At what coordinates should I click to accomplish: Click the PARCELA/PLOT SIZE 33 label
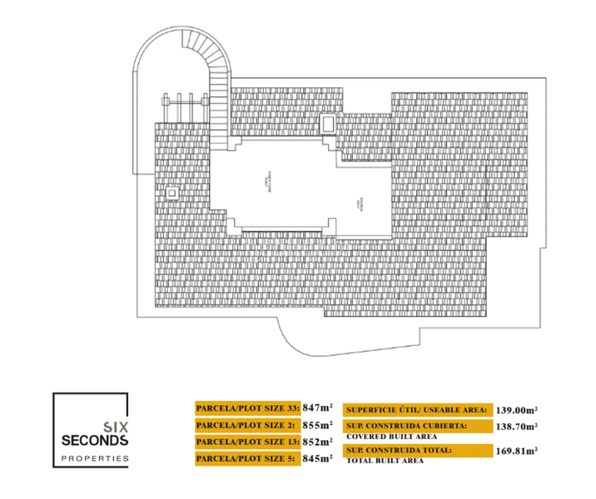[x=248, y=408]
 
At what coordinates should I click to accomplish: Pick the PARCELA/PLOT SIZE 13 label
[x=247, y=442]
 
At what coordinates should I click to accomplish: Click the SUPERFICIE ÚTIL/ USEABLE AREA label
[x=416, y=409]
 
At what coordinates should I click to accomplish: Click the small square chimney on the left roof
[x=171, y=193]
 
